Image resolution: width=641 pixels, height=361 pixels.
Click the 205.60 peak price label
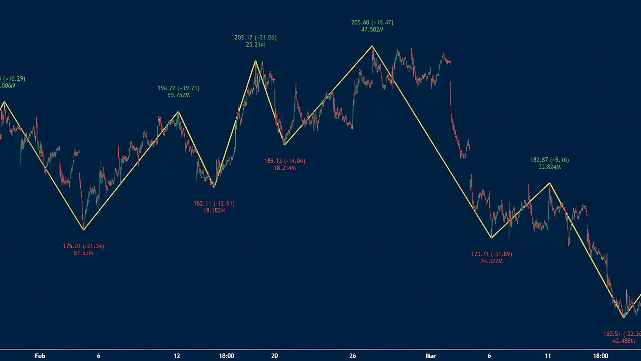point(372,23)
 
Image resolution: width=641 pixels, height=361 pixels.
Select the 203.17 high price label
point(255,38)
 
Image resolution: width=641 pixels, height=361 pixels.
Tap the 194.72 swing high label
point(178,88)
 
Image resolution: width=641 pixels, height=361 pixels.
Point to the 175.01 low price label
point(83,246)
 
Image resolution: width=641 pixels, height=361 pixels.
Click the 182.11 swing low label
point(214,203)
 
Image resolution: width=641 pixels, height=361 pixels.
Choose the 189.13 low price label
point(285,161)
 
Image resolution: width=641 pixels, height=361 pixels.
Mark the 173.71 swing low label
point(491,254)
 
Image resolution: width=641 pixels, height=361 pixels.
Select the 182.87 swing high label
point(549,160)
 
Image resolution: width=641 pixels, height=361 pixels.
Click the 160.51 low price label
point(622,334)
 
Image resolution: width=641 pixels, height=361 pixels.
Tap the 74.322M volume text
point(491,261)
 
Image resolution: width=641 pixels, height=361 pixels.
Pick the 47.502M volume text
point(372,30)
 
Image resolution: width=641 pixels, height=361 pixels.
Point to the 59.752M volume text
point(178,95)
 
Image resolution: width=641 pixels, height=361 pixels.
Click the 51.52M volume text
point(83,253)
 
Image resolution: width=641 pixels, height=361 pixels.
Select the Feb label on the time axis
point(40,356)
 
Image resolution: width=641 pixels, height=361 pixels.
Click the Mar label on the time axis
point(431,356)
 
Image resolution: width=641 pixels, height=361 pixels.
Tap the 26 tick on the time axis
point(353,356)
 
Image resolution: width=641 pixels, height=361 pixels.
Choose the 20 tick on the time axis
point(274,356)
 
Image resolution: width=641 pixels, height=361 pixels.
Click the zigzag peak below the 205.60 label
point(372,46)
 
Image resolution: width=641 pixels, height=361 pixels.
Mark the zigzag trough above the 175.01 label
point(84,230)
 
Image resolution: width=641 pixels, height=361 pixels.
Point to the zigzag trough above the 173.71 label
point(491,238)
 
